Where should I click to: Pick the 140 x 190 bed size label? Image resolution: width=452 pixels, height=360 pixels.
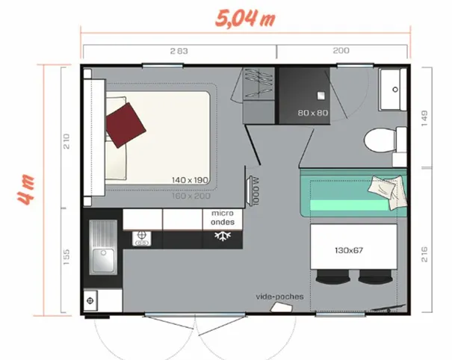[x=189, y=180]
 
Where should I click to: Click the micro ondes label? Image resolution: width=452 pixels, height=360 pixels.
[x=221, y=217]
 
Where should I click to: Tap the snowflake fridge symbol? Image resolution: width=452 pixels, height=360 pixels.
[x=221, y=237]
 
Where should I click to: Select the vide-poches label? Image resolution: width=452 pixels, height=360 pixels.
[x=279, y=296]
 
